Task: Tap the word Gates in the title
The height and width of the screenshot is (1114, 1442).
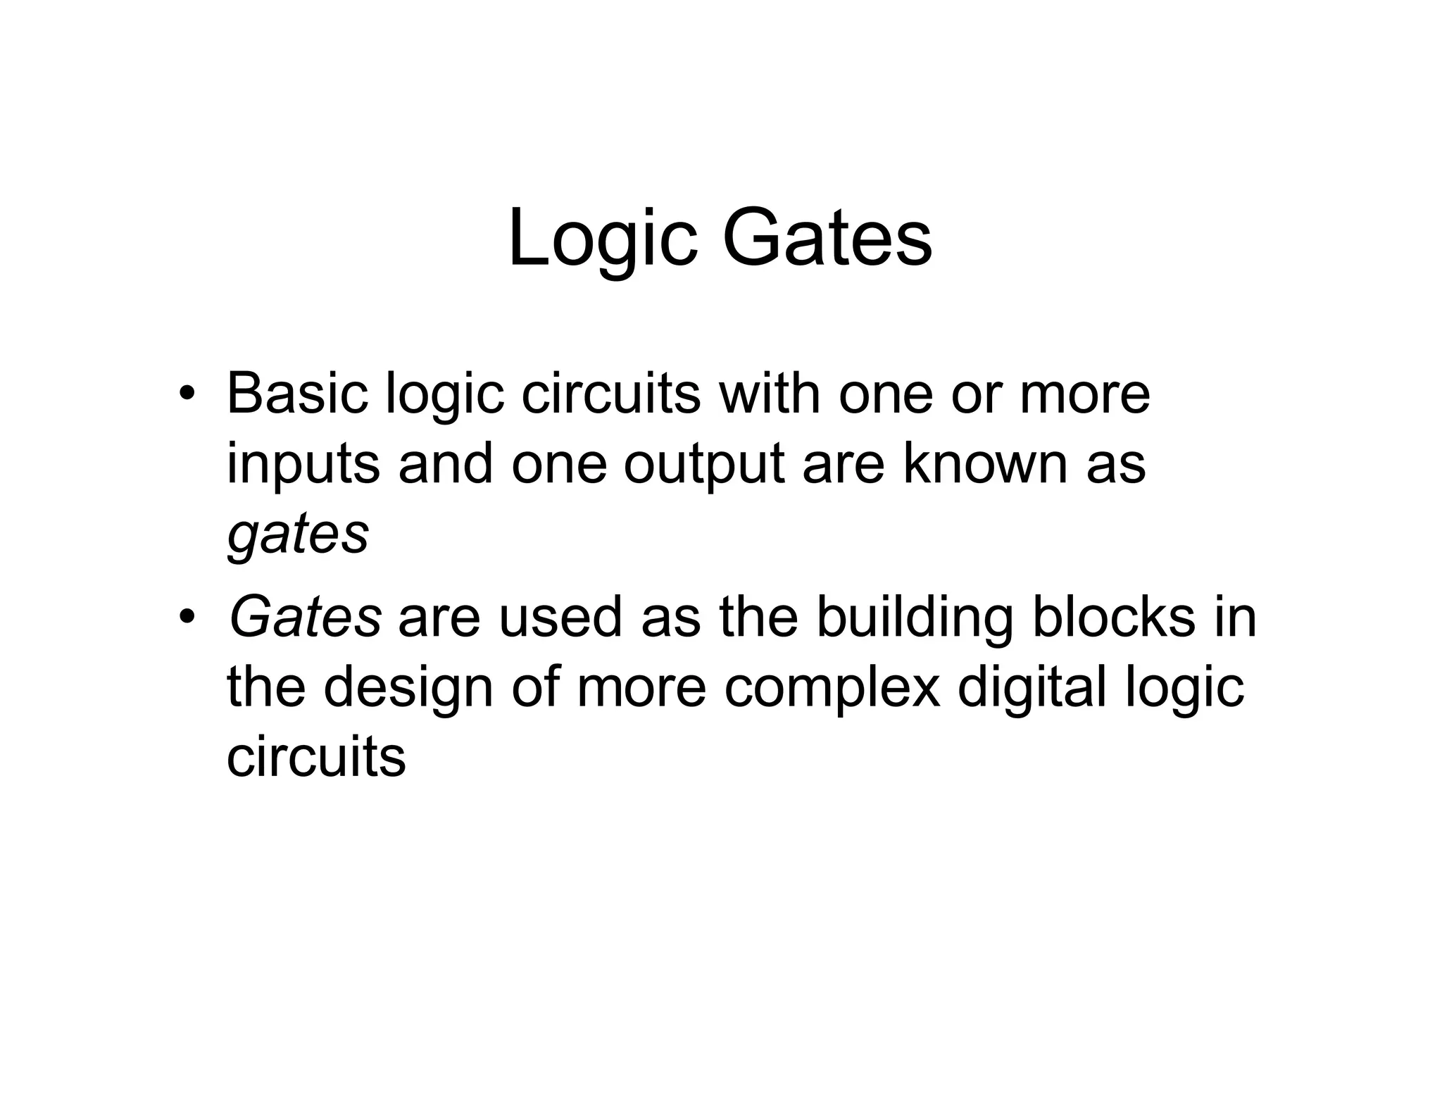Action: click(827, 239)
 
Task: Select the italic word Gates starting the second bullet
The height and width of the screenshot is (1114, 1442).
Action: click(305, 617)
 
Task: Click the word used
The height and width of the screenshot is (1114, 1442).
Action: click(560, 617)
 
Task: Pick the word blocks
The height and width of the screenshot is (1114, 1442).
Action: click(1113, 617)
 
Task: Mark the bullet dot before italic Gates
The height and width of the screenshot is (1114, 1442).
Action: click(186, 618)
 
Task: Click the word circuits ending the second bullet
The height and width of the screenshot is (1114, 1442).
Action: click(316, 758)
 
